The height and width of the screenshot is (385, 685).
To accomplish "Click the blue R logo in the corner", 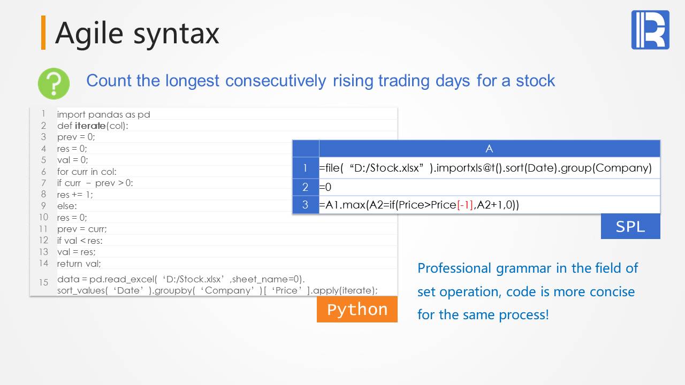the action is pyautogui.click(x=650, y=29).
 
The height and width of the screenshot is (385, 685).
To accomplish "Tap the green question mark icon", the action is pyautogui.click(x=54, y=83).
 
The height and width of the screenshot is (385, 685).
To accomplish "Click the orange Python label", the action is pyautogui.click(x=357, y=309).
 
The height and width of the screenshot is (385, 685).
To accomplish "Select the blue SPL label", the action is pyautogui.click(x=630, y=226).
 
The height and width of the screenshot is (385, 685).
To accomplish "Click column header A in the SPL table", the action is pyautogui.click(x=489, y=149).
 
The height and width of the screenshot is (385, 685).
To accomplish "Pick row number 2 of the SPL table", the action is pyautogui.click(x=305, y=187).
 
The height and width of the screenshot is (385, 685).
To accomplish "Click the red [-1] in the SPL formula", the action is pyautogui.click(x=465, y=205).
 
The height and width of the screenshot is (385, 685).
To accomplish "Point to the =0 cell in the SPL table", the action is pyautogui.click(x=325, y=187).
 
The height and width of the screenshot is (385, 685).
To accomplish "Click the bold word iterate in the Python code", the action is pyautogui.click(x=90, y=126).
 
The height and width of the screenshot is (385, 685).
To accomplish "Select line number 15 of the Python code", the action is pyautogui.click(x=43, y=282).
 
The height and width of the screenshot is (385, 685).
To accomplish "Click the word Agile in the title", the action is pyautogui.click(x=89, y=34).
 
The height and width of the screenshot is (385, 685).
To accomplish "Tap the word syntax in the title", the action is pyautogui.click(x=176, y=34).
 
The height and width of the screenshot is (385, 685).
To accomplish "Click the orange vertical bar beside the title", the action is pyautogui.click(x=43, y=33).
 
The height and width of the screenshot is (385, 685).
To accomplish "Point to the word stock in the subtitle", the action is pyautogui.click(x=535, y=81).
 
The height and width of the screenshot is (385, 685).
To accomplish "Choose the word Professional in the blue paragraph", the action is pyautogui.click(x=454, y=268).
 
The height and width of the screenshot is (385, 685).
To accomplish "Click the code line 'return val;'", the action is pyautogui.click(x=79, y=264).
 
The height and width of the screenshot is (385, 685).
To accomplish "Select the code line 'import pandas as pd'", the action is pyautogui.click(x=104, y=114).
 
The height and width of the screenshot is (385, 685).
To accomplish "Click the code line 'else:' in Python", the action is pyautogui.click(x=67, y=206).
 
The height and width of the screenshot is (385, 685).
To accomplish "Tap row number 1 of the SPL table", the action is pyautogui.click(x=305, y=168).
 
